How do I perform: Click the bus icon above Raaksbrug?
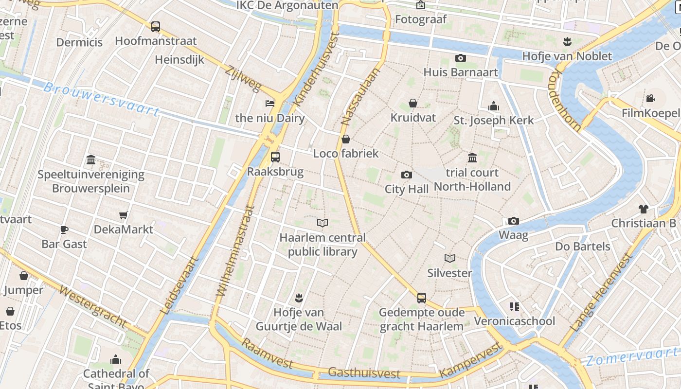pos(275,157)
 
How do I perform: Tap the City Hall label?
pos(407,189)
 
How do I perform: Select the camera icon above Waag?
pos(513,221)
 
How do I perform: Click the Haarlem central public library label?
pos(323,245)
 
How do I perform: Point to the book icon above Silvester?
pos(450,258)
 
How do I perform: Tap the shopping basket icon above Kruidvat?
pos(413,103)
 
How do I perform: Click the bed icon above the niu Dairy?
pos(269,103)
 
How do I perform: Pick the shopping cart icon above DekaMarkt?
pos(124,215)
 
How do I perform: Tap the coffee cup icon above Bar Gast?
pos(64,230)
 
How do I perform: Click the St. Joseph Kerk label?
pos(494,120)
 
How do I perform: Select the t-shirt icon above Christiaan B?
pos(644,209)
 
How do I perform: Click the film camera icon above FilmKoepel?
pos(650,99)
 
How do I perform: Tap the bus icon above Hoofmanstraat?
pos(156,27)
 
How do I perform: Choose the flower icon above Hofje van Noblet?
pos(567,42)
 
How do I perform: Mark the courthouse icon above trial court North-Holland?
pos(472,158)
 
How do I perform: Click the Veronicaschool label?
pos(514,321)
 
